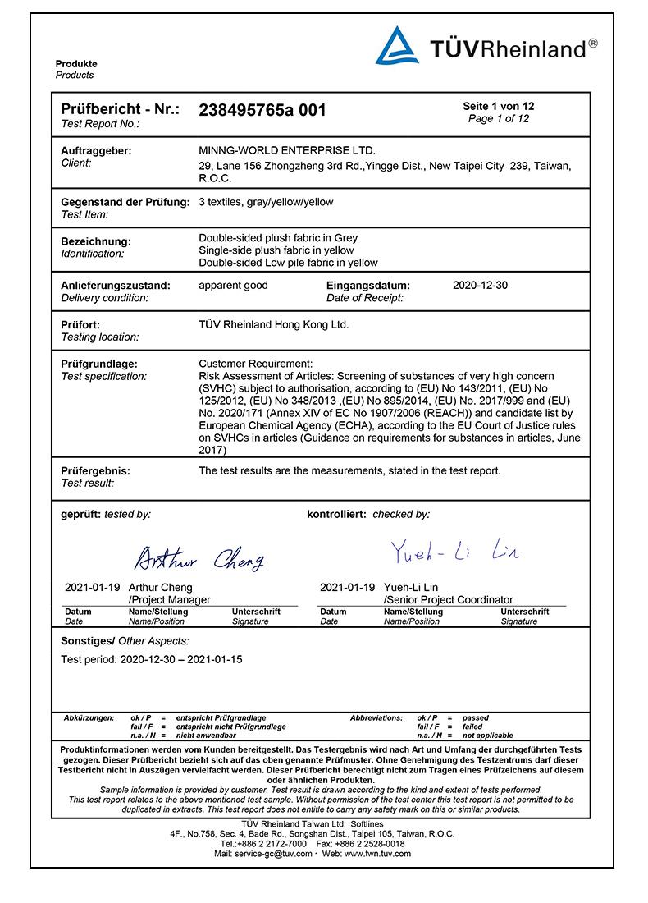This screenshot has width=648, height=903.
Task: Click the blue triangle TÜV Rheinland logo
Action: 397,46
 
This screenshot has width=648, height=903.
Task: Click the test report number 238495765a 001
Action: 262,110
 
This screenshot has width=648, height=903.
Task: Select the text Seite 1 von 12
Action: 499,107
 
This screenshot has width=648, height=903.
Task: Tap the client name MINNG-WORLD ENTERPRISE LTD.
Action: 287,150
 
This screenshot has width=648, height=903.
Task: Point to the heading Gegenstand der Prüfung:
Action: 125,202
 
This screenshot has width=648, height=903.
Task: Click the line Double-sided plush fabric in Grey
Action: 278,238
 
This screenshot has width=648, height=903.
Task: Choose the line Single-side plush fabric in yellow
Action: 276,250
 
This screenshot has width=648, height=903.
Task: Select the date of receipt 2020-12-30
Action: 481,286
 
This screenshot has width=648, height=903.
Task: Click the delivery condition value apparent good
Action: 233,286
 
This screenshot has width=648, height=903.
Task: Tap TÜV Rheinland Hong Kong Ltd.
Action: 274,324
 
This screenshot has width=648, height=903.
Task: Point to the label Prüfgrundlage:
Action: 99,364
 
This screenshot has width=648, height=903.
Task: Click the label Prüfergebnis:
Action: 96,471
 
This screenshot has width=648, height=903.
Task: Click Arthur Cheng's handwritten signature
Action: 199,560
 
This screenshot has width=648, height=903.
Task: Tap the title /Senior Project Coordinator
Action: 448,600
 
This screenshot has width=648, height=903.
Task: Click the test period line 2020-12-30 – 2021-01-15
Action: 152,659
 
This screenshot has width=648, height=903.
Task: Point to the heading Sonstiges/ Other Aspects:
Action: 125,640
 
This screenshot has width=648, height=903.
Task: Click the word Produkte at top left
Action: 76,64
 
